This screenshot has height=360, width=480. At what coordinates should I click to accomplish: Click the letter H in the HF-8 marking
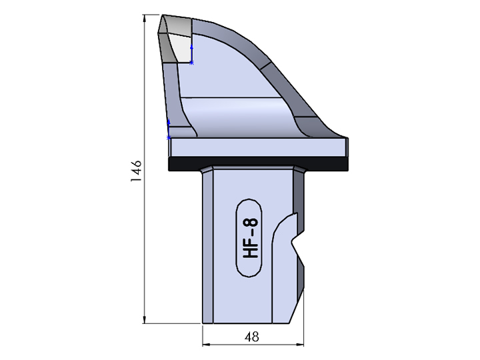251,254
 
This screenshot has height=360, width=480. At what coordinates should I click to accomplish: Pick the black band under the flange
259,163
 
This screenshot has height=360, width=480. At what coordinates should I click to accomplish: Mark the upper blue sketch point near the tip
191,63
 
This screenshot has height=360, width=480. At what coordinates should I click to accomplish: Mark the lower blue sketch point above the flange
169,137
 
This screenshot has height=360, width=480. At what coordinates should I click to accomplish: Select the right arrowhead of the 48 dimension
300,345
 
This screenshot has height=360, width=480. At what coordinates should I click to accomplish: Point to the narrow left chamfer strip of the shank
207,247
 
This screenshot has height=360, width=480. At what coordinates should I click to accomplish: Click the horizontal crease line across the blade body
233,99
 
